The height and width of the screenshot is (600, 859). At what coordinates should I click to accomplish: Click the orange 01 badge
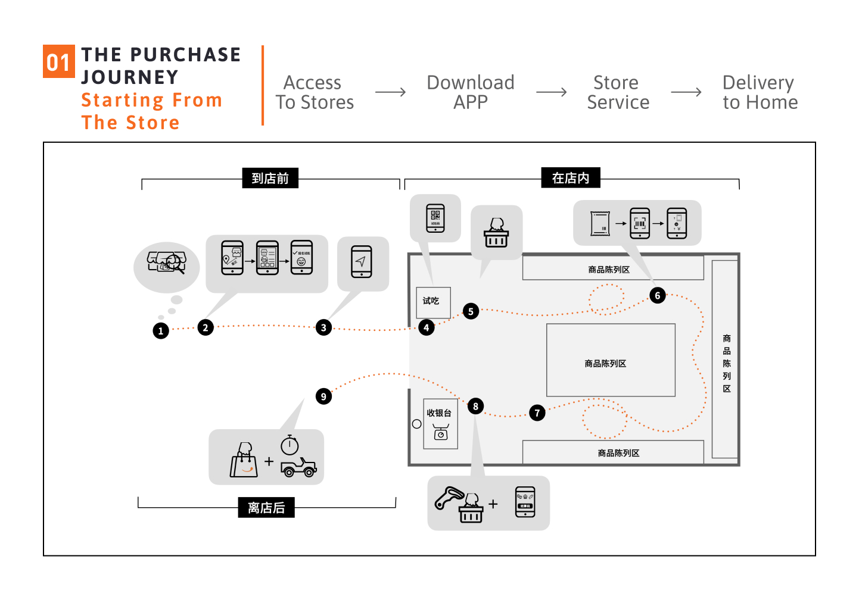pyautogui.click(x=58, y=61)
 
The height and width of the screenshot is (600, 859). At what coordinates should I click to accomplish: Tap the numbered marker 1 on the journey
pyautogui.click(x=160, y=331)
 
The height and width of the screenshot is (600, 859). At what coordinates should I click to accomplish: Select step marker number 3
pyautogui.click(x=323, y=327)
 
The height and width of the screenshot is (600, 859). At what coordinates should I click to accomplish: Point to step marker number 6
pyautogui.click(x=658, y=295)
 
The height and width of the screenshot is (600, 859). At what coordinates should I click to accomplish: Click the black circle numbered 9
pyautogui.click(x=323, y=396)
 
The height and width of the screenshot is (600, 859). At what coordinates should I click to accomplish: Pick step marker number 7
pyautogui.click(x=537, y=412)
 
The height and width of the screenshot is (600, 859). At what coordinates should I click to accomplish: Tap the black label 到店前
pyautogui.click(x=270, y=178)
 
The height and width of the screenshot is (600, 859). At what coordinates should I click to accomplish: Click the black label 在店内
pyautogui.click(x=570, y=178)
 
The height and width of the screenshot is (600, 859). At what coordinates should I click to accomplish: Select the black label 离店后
pyautogui.click(x=266, y=508)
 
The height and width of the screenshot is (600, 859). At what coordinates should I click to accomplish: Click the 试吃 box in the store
pyautogui.click(x=432, y=302)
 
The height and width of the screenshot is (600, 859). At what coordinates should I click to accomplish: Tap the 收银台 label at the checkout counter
pyautogui.click(x=439, y=413)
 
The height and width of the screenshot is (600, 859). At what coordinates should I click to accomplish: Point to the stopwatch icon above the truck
pyautogui.click(x=290, y=445)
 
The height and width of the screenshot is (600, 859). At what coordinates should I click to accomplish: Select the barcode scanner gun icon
pyautogui.click(x=448, y=498)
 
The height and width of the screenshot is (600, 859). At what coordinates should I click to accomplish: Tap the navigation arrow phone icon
pyautogui.click(x=362, y=262)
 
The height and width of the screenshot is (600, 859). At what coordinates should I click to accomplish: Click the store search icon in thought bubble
pyautogui.click(x=167, y=262)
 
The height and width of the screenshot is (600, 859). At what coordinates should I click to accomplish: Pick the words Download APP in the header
pyautogui.click(x=471, y=92)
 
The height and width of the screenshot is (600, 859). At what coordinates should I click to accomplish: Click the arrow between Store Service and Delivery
pyautogui.click(x=686, y=92)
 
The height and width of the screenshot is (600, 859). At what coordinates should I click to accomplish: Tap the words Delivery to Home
pyautogui.click(x=760, y=92)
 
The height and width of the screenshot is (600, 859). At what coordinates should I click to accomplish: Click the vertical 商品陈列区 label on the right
pyautogui.click(x=727, y=363)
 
